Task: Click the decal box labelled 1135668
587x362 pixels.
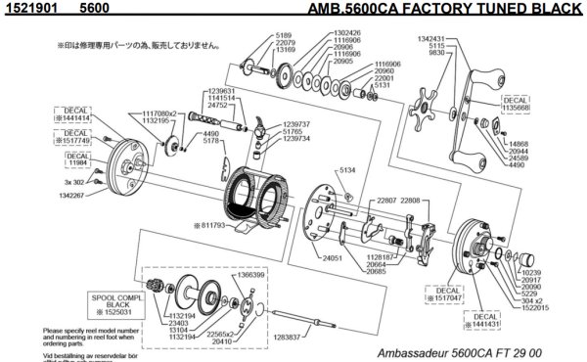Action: point(516,105)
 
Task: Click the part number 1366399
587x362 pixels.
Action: point(248,275)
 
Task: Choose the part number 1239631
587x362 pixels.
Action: point(223,90)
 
